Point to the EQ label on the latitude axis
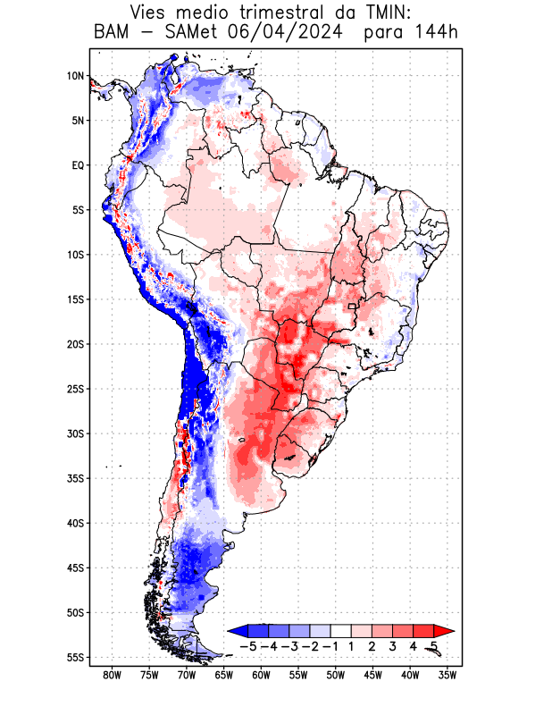tap(78, 165)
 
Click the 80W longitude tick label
tap(112, 676)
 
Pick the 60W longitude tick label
tap(261, 676)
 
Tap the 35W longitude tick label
tap(447, 676)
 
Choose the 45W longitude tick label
tap(372, 676)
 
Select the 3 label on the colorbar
tap(392, 646)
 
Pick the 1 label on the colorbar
tap(351, 646)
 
